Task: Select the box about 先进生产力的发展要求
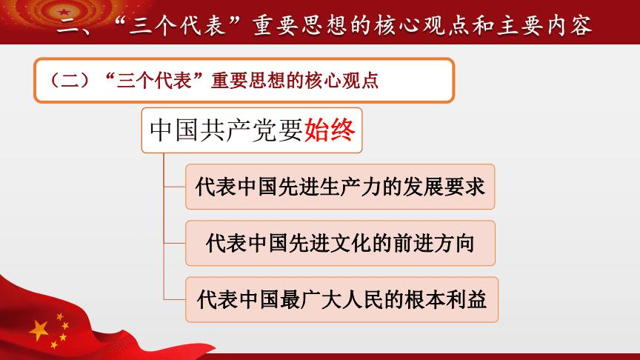pos(340,186)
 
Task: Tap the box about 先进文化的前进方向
pos(340,242)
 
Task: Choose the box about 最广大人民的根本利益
pos(341,299)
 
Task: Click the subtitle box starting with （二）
pos(244,80)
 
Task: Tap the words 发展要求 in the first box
pos(447,186)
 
